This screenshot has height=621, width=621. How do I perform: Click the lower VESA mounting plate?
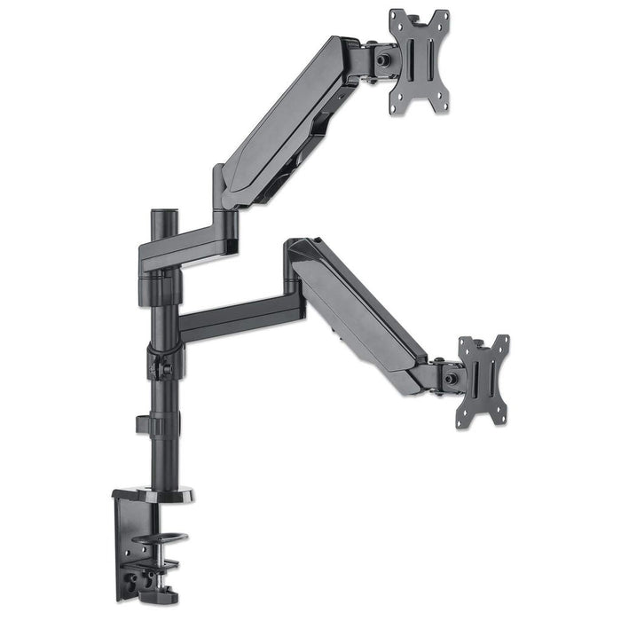click(x=482, y=380)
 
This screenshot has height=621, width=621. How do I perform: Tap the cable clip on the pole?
click(x=147, y=422)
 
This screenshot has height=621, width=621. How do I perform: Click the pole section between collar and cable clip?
click(x=163, y=396)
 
